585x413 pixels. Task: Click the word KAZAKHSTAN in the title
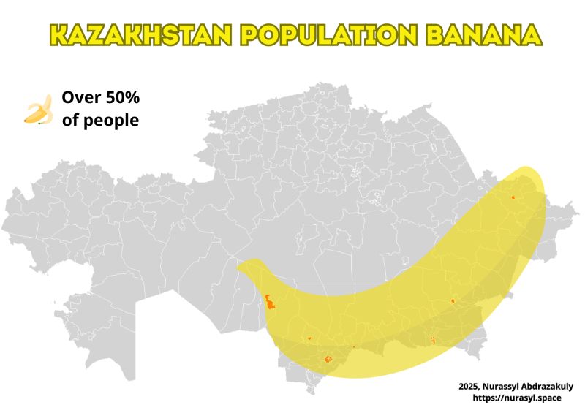(x=139, y=34)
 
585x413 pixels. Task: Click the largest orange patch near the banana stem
(x=270, y=301)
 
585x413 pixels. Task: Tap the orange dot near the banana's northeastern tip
(x=513, y=197)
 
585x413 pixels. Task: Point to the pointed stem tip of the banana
(x=238, y=267)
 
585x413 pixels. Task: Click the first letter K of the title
(x=58, y=34)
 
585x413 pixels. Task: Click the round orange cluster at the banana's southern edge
(x=328, y=359)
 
